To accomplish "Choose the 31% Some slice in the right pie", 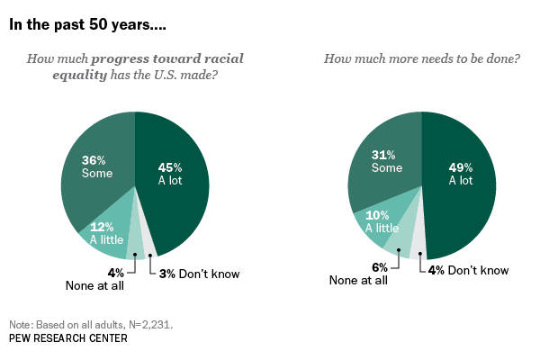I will point(384,162).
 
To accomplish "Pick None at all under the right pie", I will point(358,281).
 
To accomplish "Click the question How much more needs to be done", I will point(421,59).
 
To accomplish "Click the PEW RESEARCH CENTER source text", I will point(67,338).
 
